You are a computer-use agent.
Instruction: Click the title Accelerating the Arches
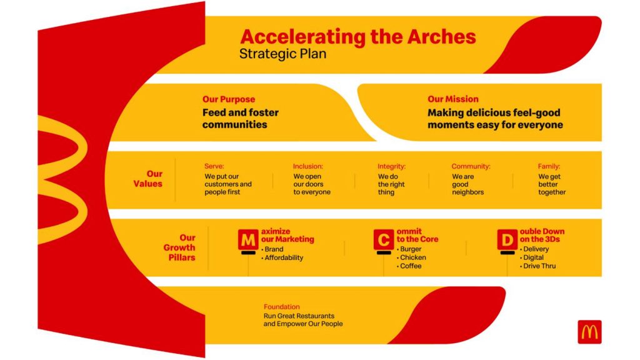click(x=358, y=37)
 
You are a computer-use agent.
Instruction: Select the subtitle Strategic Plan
click(x=282, y=54)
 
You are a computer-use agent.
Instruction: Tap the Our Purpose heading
click(x=229, y=99)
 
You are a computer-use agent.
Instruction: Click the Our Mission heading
click(x=453, y=99)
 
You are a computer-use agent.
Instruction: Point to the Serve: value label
click(x=214, y=166)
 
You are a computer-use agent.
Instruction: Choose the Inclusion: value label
click(x=307, y=166)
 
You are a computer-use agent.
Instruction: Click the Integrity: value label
click(x=391, y=166)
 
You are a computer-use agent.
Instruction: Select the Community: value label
click(x=471, y=166)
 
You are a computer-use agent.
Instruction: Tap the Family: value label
click(x=549, y=166)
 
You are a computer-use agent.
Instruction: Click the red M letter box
click(x=248, y=239)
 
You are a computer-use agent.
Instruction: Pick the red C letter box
click(x=384, y=239)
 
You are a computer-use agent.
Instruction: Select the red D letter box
click(x=507, y=239)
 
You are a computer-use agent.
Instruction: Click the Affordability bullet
click(x=282, y=257)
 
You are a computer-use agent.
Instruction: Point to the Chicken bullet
click(x=411, y=257)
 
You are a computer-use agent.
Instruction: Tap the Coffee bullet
click(x=409, y=266)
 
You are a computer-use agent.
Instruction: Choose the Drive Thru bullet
click(x=537, y=266)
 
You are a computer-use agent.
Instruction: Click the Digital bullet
click(x=531, y=257)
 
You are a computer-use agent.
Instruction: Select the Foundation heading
click(x=282, y=306)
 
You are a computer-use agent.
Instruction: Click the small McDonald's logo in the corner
click(x=589, y=332)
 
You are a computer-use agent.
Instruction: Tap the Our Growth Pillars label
click(x=179, y=247)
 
